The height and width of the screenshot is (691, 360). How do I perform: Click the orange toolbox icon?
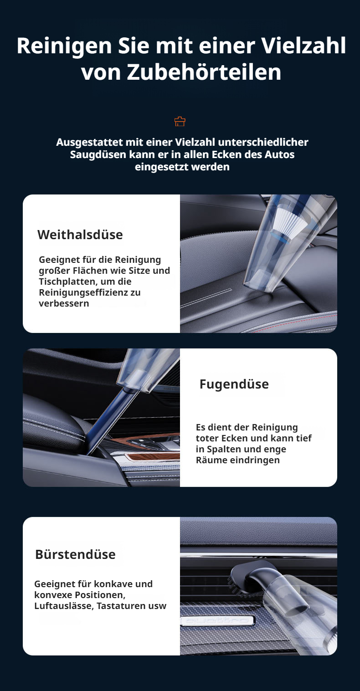[180, 122]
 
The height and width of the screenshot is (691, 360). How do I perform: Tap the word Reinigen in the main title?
[57, 46]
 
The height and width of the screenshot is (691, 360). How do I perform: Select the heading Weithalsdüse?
[80, 235]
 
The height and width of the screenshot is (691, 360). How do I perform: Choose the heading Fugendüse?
[234, 384]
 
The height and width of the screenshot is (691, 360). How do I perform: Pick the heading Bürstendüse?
[75, 554]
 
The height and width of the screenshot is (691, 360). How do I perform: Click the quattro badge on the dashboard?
[216, 620]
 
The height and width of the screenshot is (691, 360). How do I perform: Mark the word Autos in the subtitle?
[279, 154]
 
